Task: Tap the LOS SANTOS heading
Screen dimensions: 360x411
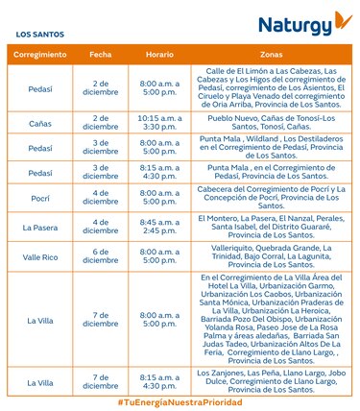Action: click(x=40, y=34)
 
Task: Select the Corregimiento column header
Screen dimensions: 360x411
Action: click(x=40, y=56)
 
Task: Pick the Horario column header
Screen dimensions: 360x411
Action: click(x=159, y=56)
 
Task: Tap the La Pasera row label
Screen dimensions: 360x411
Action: click(x=40, y=228)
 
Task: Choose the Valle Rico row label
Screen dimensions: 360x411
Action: click(x=40, y=256)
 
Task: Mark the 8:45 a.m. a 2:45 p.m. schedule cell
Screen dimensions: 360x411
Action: click(x=159, y=228)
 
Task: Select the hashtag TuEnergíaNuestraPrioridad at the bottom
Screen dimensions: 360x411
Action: click(x=180, y=401)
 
